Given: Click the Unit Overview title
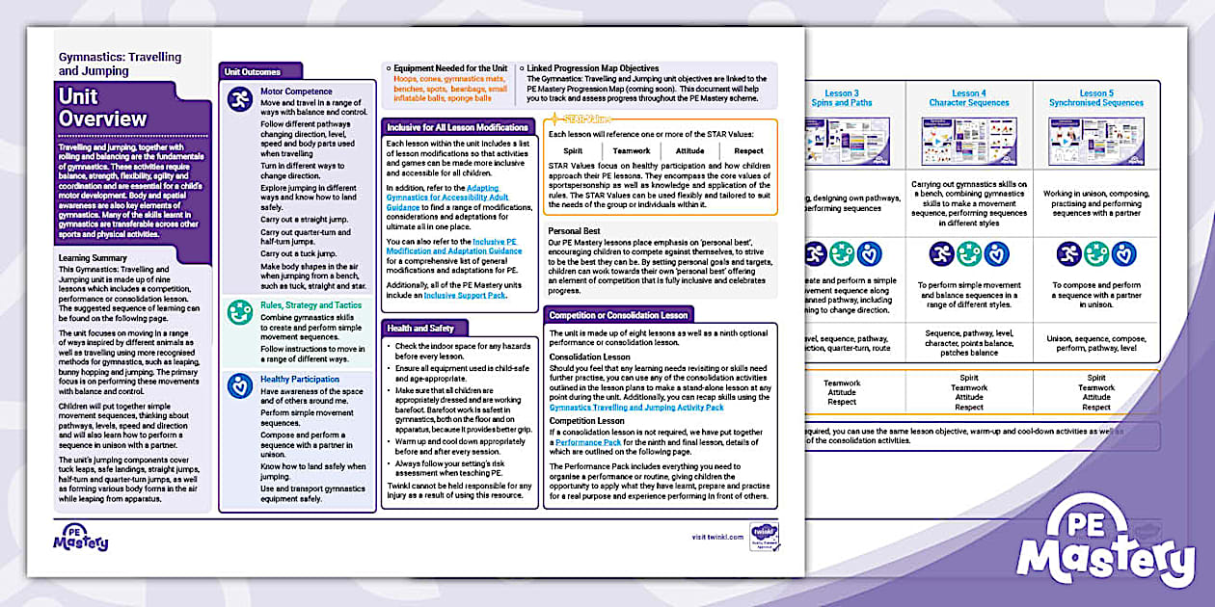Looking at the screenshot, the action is point(102,108).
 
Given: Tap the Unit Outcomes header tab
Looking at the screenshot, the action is point(253,71).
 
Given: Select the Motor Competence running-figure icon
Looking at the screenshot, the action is point(240,100).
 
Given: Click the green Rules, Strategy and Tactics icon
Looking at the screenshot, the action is point(240,312).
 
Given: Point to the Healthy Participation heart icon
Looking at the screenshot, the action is point(240,385).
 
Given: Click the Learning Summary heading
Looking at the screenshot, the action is point(93,258).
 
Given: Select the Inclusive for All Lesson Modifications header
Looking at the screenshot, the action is point(457,127).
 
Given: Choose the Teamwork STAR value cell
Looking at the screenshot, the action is point(632,150).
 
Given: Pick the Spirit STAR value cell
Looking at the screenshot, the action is point(573,150).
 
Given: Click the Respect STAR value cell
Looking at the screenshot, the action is point(748,150).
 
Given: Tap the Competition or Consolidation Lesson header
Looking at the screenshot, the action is point(618,315).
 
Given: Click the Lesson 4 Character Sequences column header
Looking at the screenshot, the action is point(968,98).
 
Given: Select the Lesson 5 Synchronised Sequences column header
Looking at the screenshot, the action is point(1095,98).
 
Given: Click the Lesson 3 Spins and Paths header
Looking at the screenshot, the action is point(842,98).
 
